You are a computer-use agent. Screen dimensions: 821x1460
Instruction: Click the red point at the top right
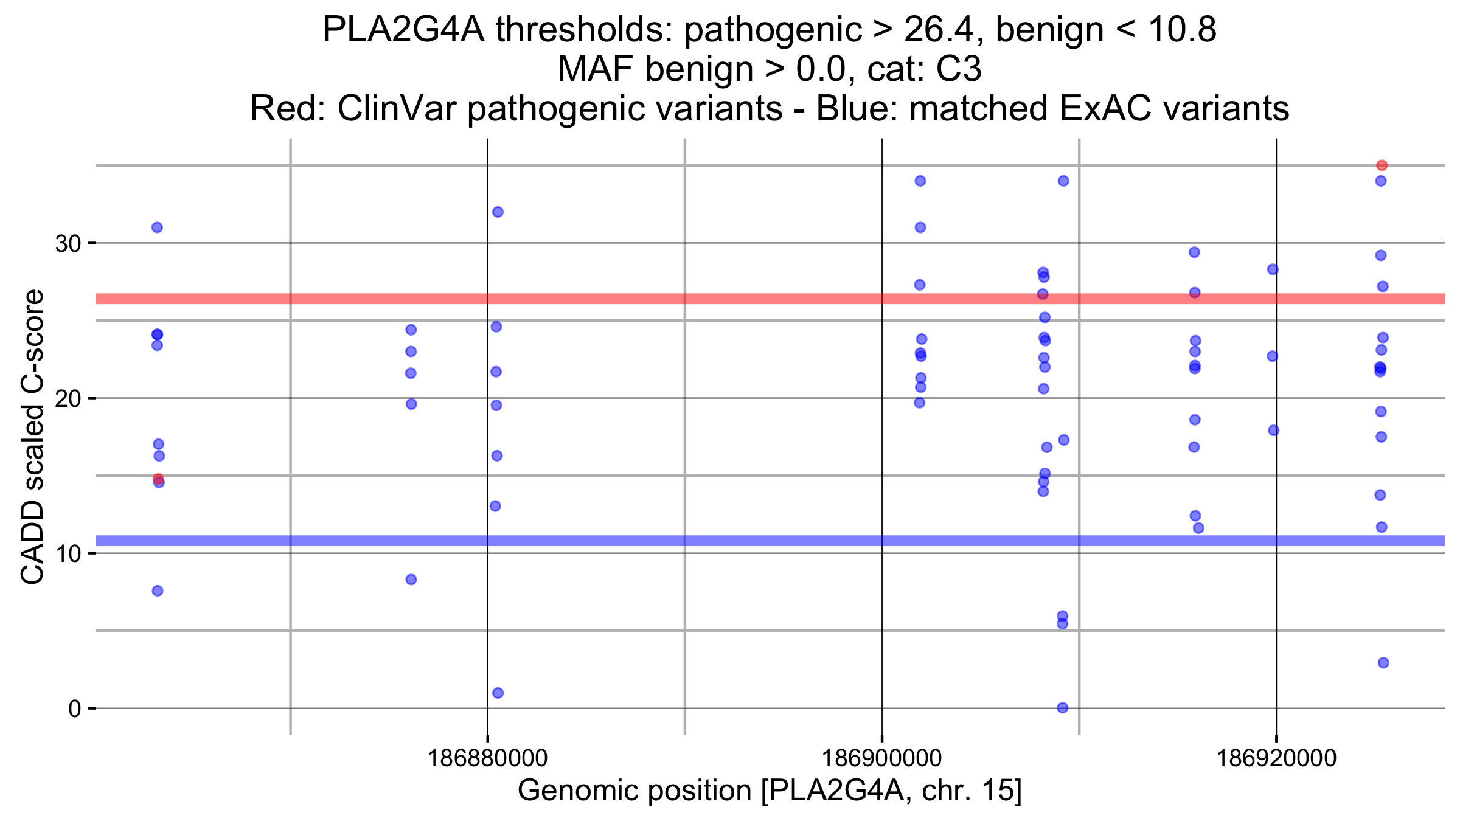1382,165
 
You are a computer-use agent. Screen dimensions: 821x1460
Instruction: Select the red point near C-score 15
158,479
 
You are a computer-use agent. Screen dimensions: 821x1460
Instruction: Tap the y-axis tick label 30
68,244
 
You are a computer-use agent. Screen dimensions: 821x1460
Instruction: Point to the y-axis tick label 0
75,709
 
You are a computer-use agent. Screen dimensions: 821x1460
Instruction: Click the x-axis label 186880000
487,758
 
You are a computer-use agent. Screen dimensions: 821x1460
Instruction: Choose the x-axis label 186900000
881,758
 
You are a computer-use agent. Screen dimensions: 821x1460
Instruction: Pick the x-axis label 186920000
1276,758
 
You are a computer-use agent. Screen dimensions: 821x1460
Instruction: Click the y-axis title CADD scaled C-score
33,437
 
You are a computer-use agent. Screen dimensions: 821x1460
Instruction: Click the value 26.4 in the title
942,29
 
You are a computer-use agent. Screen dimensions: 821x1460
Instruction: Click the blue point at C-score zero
1062,707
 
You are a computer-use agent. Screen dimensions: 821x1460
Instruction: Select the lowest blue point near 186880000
498,693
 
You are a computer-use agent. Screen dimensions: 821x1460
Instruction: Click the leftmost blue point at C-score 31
157,227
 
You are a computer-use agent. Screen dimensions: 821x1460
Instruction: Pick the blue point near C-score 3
1383,662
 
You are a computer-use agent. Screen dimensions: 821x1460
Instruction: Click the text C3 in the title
959,69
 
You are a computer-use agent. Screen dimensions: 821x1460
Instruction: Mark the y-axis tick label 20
68,399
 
